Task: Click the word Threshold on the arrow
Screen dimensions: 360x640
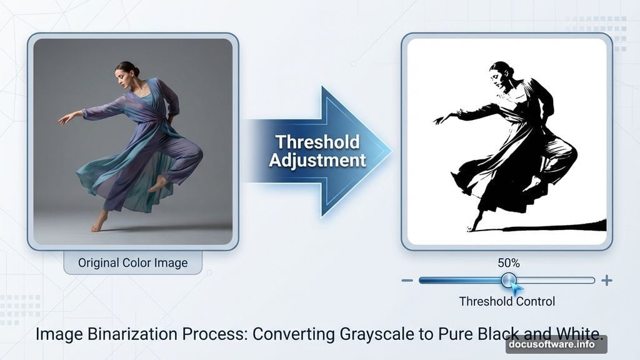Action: point(317,142)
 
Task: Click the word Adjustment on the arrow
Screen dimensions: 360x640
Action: point(317,160)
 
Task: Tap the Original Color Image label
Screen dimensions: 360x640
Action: point(132,262)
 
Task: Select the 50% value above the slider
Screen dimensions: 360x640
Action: point(508,263)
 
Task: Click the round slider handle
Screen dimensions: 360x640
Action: point(509,280)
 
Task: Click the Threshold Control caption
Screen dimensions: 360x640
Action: point(507,301)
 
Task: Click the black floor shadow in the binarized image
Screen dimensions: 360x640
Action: point(562,226)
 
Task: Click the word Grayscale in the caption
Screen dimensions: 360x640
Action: point(372,334)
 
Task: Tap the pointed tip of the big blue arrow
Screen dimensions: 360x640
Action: point(390,151)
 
